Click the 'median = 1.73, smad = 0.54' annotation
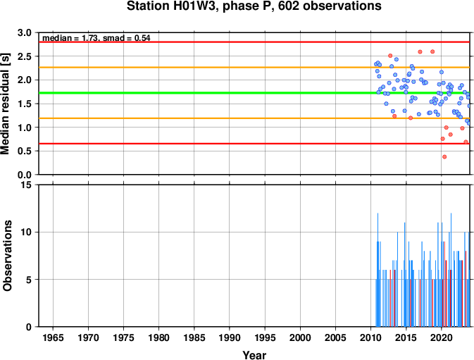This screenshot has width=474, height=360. pos(96,38)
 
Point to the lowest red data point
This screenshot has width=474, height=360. pos(444,157)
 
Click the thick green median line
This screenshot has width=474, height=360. pos(254,93)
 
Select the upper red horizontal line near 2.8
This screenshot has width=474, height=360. pos(254,42)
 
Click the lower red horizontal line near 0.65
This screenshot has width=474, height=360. pos(254,144)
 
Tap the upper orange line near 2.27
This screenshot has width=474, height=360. pos(254,68)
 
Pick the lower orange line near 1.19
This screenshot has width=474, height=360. pos(254,118)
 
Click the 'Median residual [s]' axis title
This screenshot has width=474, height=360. pos(6,104)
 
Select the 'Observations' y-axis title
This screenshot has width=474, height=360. pos(7,256)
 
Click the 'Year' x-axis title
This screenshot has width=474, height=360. pos(254,355)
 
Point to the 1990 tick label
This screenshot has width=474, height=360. pos(230,337)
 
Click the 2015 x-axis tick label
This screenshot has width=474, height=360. pos(406,337)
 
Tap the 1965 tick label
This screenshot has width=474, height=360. pos(54,337)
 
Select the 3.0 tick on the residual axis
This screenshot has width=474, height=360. pos(25,32)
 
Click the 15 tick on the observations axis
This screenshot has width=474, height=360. pos(27,185)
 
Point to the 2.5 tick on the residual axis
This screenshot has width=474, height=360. pos(25,56)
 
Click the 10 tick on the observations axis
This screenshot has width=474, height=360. pos(27,232)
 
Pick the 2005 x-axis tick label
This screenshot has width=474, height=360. pos(335,337)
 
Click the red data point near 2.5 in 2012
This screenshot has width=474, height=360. pos(390,56)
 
